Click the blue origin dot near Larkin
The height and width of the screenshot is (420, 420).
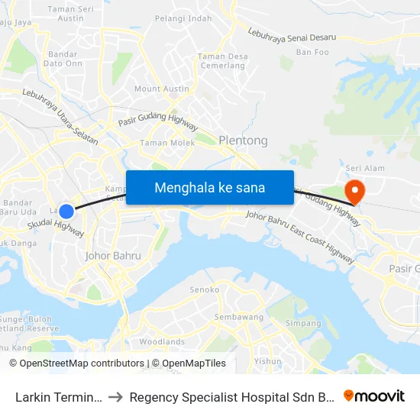[66, 212]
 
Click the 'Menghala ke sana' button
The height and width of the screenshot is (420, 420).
[209, 187]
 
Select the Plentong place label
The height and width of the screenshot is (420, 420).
[243, 141]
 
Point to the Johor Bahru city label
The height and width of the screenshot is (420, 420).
[113, 256]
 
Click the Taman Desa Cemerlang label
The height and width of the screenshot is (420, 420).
[222, 60]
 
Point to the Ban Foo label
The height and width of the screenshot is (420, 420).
[312, 52]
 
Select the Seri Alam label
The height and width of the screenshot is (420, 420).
[364, 167]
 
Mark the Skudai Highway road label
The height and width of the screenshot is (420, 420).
[55, 227]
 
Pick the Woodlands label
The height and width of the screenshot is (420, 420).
[162, 341]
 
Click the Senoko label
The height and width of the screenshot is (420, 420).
[205, 289]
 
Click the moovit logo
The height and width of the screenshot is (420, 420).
[374, 396]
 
